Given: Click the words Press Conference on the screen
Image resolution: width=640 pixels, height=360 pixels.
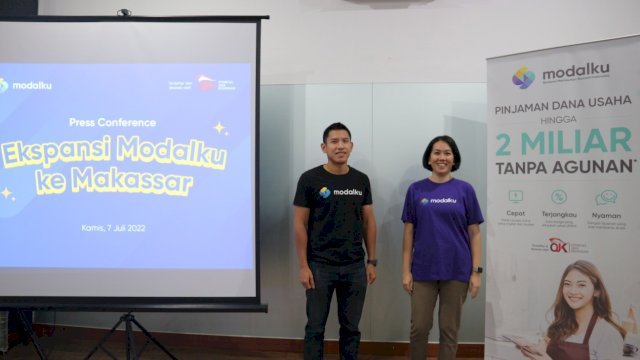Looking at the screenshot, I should [x=113, y=122].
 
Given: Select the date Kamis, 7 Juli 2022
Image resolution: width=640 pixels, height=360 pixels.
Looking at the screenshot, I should [x=113, y=228].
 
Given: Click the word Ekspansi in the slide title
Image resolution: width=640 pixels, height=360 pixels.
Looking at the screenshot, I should [x=55, y=153].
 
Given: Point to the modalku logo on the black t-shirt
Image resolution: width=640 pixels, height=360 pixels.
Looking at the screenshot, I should [x=341, y=192].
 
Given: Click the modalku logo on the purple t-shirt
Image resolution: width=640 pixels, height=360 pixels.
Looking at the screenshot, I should [x=439, y=200].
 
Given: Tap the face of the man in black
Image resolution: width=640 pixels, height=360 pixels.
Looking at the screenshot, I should [x=337, y=142].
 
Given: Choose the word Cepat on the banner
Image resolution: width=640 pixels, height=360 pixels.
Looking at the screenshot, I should [x=515, y=212].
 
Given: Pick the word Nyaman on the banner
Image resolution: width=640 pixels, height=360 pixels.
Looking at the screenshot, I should [x=606, y=212].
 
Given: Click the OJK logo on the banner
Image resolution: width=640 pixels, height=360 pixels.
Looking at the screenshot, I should [x=559, y=244].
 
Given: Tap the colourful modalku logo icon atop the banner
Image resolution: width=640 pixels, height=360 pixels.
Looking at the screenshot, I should [x=523, y=77].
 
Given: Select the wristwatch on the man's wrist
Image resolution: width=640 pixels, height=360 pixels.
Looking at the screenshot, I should [x=372, y=262].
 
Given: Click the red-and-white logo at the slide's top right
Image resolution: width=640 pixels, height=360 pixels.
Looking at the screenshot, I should [x=206, y=83].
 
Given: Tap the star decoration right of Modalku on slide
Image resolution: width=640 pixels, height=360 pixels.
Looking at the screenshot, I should [x=219, y=128].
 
